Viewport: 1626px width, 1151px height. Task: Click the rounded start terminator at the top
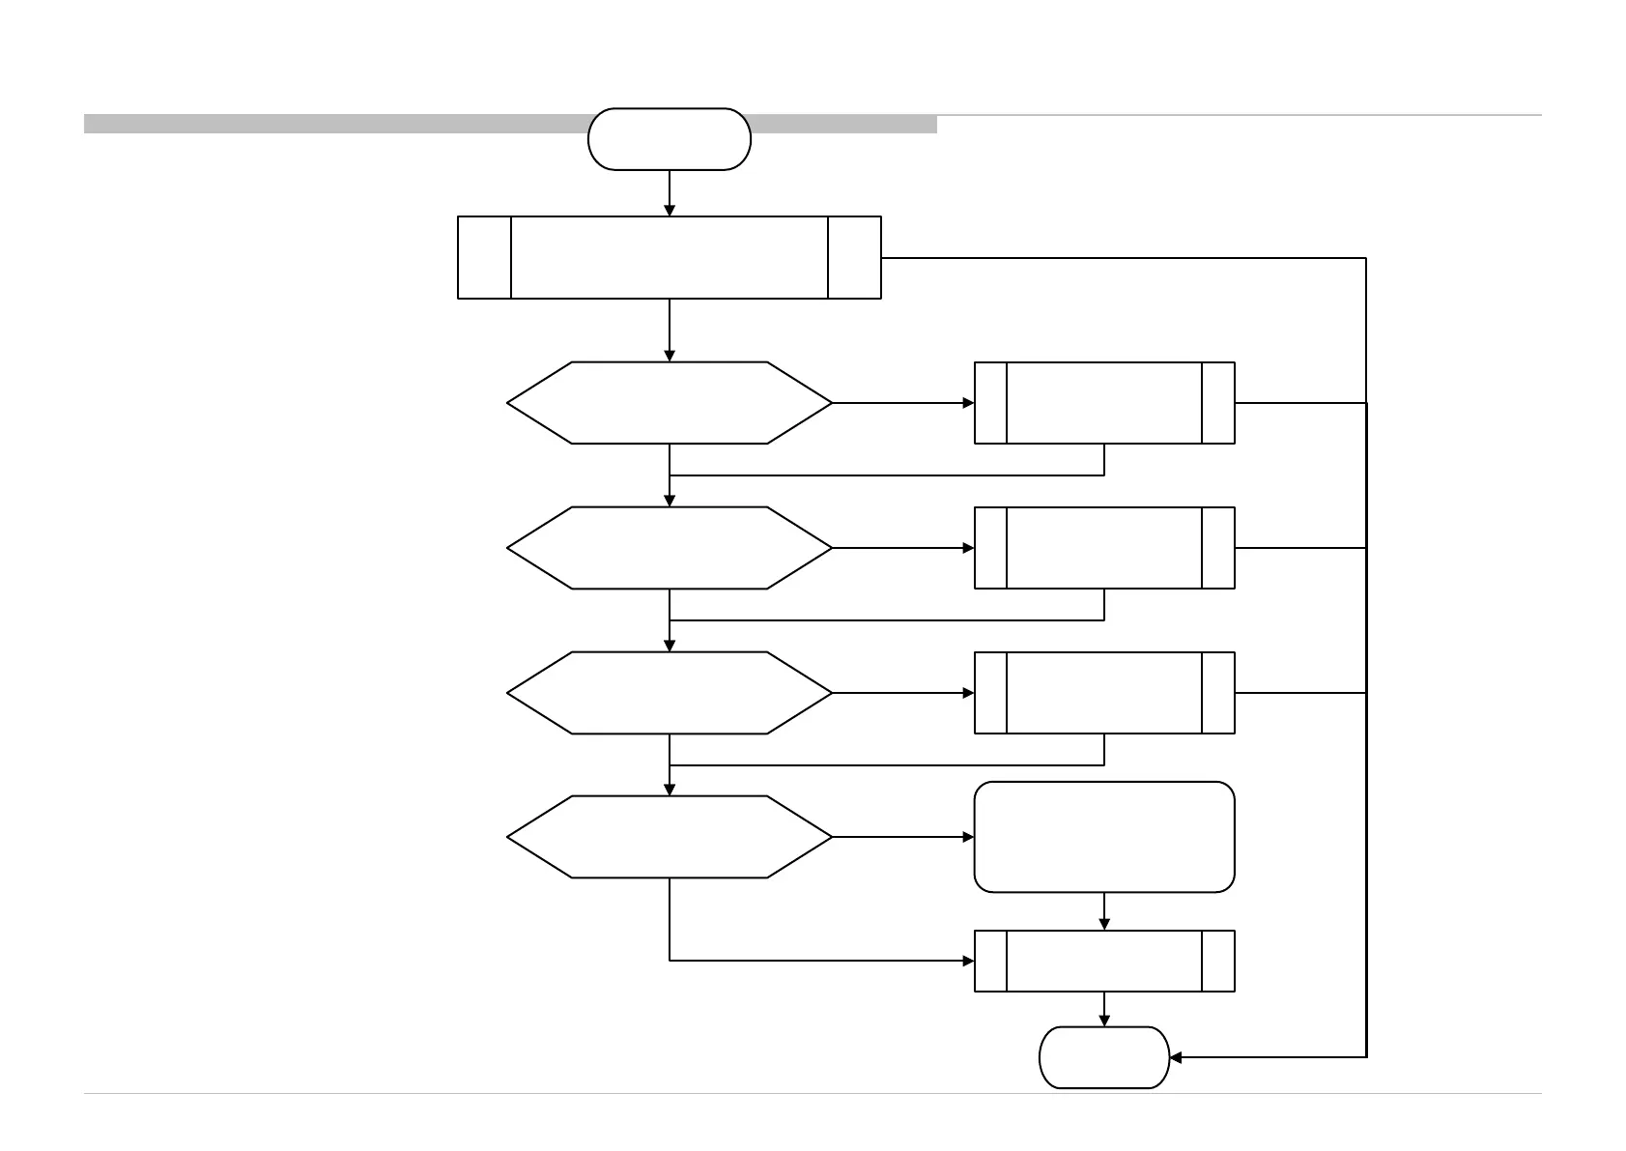[669, 139]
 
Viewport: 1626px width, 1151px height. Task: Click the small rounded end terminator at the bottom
[1103, 1057]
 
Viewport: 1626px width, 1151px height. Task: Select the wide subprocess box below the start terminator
[669, 257]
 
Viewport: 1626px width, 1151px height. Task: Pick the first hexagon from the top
[669, 403]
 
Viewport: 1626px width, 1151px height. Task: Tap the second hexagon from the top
[669, 548]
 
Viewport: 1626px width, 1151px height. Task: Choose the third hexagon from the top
[669, 693]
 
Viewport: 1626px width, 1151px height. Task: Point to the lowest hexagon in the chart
[669, 837]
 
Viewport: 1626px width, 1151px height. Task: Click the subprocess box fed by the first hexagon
[1104, 403]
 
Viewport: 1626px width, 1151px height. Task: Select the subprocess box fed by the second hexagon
[1104, 548]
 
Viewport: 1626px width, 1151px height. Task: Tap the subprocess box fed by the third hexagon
[1104, 693]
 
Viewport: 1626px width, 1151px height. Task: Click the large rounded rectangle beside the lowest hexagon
[1104, 837]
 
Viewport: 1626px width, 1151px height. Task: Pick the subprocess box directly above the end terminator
[1104, 961]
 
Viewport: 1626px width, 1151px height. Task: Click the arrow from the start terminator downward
[669, 193]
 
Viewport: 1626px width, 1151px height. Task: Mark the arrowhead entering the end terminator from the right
[1176, 1057]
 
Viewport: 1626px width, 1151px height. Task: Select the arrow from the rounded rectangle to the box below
[1104, 911]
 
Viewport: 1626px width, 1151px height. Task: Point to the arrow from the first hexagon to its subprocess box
[903, 403]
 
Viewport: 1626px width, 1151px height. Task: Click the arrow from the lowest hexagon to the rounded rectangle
[903, 837]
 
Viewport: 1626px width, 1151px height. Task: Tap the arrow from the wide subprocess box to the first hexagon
[669, 331]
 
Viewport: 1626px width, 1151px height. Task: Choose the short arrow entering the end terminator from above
[1104, 1009]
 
